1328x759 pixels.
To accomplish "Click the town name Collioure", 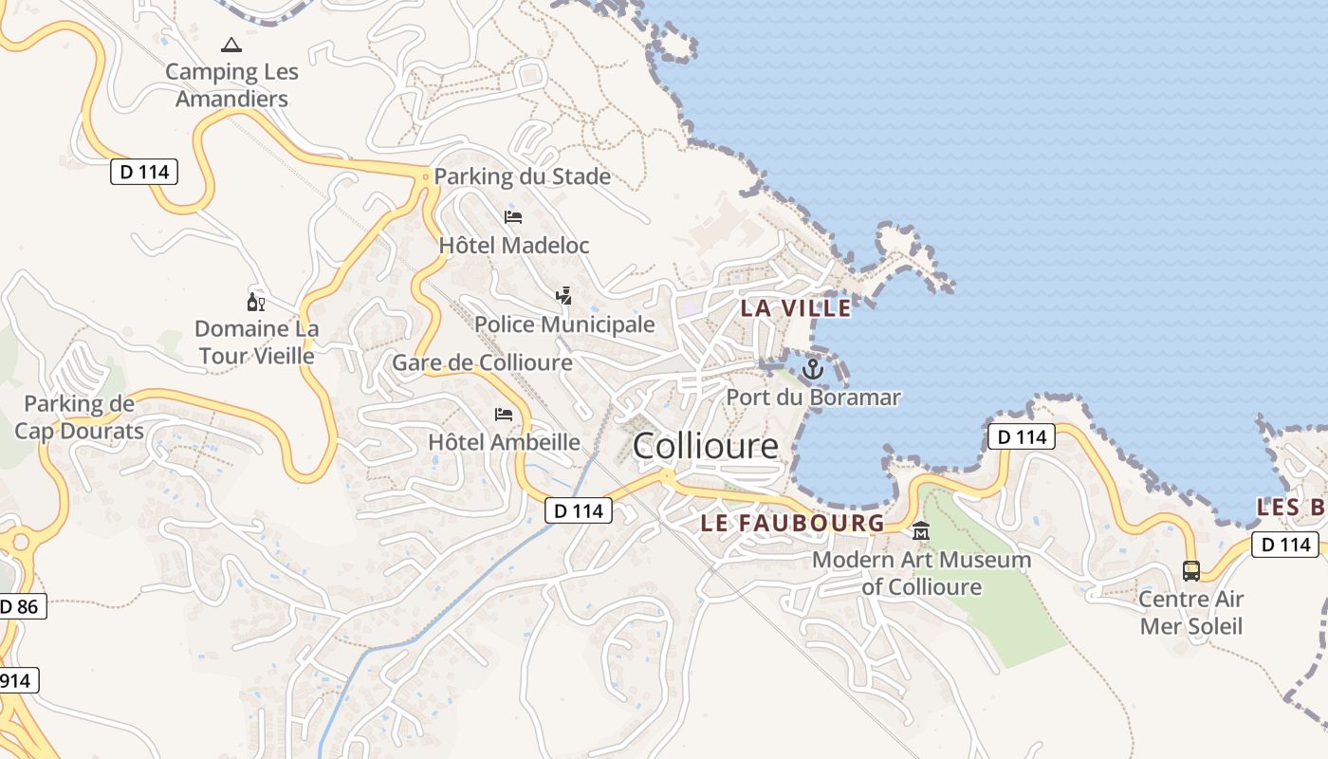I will (x=705, y=445).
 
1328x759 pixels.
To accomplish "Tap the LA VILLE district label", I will (x=796, y=307).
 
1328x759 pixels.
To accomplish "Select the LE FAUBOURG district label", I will (x=792, y=523).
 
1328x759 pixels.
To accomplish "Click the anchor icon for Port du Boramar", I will (x=812, y=369).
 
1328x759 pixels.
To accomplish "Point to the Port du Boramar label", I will (x=813, y=397).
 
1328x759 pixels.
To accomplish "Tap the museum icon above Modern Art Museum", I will (x=920, y=531).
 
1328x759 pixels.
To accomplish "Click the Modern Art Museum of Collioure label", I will (x=921, y=573).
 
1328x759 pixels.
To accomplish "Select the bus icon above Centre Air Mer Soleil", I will (x=1191, y=570).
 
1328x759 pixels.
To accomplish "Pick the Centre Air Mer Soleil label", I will (x=1190, y=612).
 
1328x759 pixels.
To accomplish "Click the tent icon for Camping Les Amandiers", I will (x=231, y=45).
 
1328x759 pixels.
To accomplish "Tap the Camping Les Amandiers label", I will (x=231, y=84).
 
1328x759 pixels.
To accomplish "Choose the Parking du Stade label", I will (x=522, y=176).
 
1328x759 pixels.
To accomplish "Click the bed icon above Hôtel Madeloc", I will (x=513, y=217).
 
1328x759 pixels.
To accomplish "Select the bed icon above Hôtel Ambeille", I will (x=504, y=415).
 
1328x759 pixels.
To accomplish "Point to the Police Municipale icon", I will (x=564, y=296).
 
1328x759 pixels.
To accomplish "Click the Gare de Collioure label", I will (x=482, y=362).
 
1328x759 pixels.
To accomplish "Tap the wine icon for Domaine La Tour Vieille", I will (x=255, y=303).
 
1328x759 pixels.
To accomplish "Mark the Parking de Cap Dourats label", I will (x=79, y=417).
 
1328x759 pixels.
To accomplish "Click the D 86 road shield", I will (x=19, y=607).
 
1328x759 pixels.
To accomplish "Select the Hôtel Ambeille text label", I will (x=504, y=441).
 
